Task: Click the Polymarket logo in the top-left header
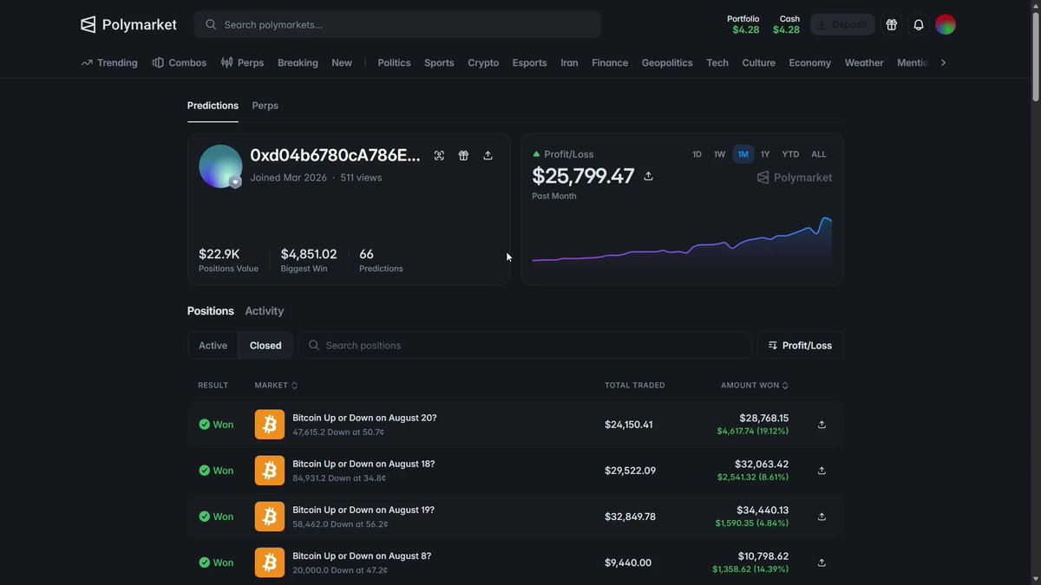pos(128,24)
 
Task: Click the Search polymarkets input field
pos(397,24)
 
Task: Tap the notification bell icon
pos(919,24)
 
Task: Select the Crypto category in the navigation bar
pos(483,62)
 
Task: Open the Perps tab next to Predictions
pos(265,106)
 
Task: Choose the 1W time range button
pos(719,154)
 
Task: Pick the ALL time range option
pos(818,154)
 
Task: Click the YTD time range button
pos(790,154)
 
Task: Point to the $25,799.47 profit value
pos(583,176)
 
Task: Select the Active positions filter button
pos(213,346)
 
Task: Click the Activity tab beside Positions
pos(264,311)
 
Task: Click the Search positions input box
pos(525,346)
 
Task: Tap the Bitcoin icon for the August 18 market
pos(270,471)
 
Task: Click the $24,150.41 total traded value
pos(628,425)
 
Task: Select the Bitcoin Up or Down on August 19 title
pos(363,510)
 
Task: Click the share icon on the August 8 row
pos(822,562)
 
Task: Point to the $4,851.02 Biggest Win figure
pos(309,254)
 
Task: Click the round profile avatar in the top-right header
pos(946,24)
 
